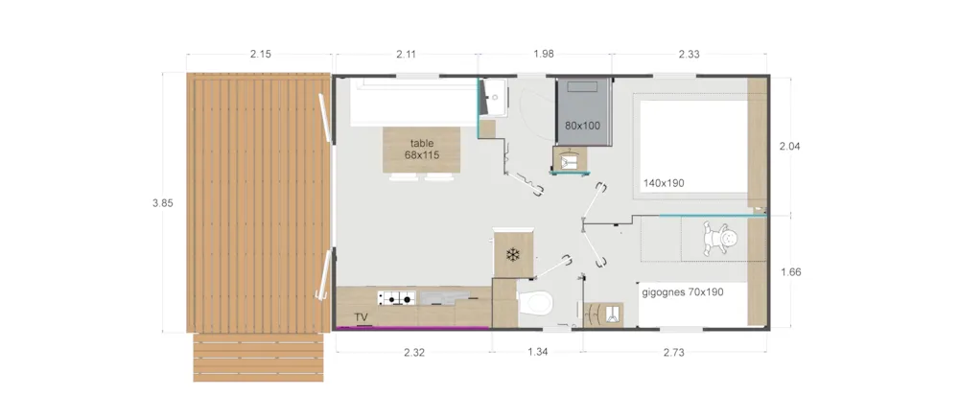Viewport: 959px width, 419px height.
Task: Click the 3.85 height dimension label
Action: click(163, 203)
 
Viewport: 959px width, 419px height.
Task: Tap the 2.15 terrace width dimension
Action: click(261, 54)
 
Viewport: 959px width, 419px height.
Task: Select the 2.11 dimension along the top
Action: click(406, 54)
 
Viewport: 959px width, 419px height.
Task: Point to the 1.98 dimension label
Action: click(544, 54)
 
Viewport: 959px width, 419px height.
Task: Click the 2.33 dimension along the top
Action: click(690, 54)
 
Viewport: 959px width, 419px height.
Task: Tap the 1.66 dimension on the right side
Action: click(791, 272)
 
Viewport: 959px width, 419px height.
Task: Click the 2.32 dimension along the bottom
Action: click(414, 352)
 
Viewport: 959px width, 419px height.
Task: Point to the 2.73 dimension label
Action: click(674, 352)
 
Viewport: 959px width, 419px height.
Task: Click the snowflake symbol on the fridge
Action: click(513, 255)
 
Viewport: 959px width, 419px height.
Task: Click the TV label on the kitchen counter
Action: click(361, 317)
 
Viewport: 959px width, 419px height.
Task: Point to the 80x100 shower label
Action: click(582, 126)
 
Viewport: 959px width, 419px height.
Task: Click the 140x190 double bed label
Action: click(664, 182)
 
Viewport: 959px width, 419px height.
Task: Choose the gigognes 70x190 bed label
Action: click(683, 292)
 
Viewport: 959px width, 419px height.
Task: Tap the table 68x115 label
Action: click(422, 150)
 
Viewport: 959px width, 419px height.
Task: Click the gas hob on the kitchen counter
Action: click(396, 298)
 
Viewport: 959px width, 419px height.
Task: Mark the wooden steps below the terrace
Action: click(258, 358)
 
